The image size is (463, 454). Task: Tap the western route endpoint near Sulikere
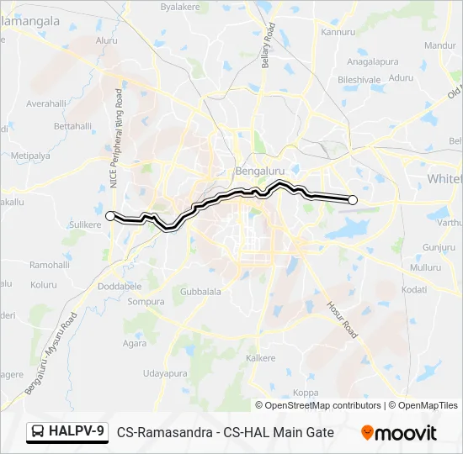click(109, 216)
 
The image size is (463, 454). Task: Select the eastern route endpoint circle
click(353, 200)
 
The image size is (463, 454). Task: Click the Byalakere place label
click(184, 6)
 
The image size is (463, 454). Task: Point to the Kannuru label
click(338, 33)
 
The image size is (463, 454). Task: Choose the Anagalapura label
click(372, 61)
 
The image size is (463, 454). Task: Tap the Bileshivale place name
click(359, 79)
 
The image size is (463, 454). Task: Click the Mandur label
click(439, 45)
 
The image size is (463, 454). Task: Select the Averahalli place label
click(46, 104)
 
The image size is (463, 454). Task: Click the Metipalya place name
click(31, 156)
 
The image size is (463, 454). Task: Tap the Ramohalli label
click(51, 264)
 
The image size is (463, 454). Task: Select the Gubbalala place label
click(200, 292)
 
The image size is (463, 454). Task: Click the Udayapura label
click(165, 372)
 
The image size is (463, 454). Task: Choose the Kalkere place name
click(260, 358)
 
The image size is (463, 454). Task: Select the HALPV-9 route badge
click(67, 432)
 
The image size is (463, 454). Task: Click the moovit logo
click(399, 433)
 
